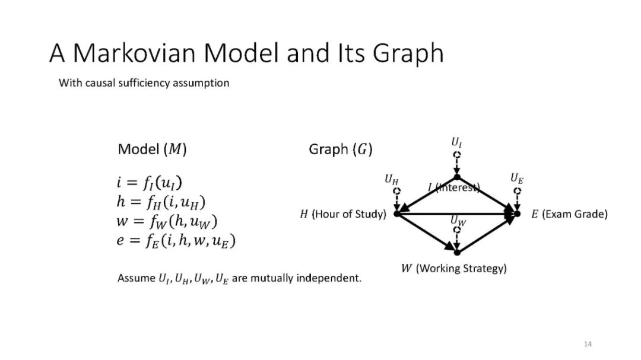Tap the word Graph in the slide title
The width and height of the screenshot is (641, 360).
tap(408, 54)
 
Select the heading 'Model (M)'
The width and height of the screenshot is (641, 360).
tap(152, 149)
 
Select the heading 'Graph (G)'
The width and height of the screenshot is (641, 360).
tap(340, 149)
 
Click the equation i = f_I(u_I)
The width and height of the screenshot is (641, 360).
tap(153, 183)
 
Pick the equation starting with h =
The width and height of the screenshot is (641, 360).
tap(161, 202)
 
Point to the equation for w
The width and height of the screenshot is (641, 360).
tap(167, 222)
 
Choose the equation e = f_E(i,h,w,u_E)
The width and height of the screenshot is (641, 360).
tap(176, 241)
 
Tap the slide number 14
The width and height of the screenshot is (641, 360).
tap(588, 344)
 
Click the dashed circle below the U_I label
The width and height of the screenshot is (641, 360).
tap(456, 155)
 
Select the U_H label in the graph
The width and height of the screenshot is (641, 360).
tap(391, 179)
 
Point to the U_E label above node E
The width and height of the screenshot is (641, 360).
tap(517, 178)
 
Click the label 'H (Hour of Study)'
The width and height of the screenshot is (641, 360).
tap(343, 214)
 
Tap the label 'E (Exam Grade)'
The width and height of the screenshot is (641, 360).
tap(569, 214)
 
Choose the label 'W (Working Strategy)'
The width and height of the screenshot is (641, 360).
tap(454, 269)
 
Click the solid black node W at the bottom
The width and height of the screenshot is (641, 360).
tap(457, 253)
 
